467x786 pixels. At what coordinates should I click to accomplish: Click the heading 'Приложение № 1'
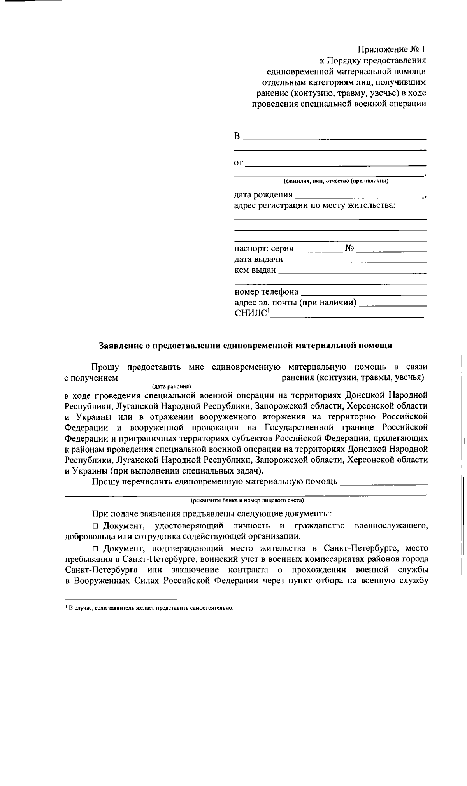pos(392,49)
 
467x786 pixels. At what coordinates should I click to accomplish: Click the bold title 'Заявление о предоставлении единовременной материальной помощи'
pos(246,345)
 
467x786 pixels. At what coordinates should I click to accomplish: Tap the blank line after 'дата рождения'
pos(360,196)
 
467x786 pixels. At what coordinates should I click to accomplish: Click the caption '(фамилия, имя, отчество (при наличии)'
pos(336,181)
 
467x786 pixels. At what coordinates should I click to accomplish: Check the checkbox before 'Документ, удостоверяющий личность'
pos(95,526)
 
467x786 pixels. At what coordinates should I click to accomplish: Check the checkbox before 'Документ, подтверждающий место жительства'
pos(95,549)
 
